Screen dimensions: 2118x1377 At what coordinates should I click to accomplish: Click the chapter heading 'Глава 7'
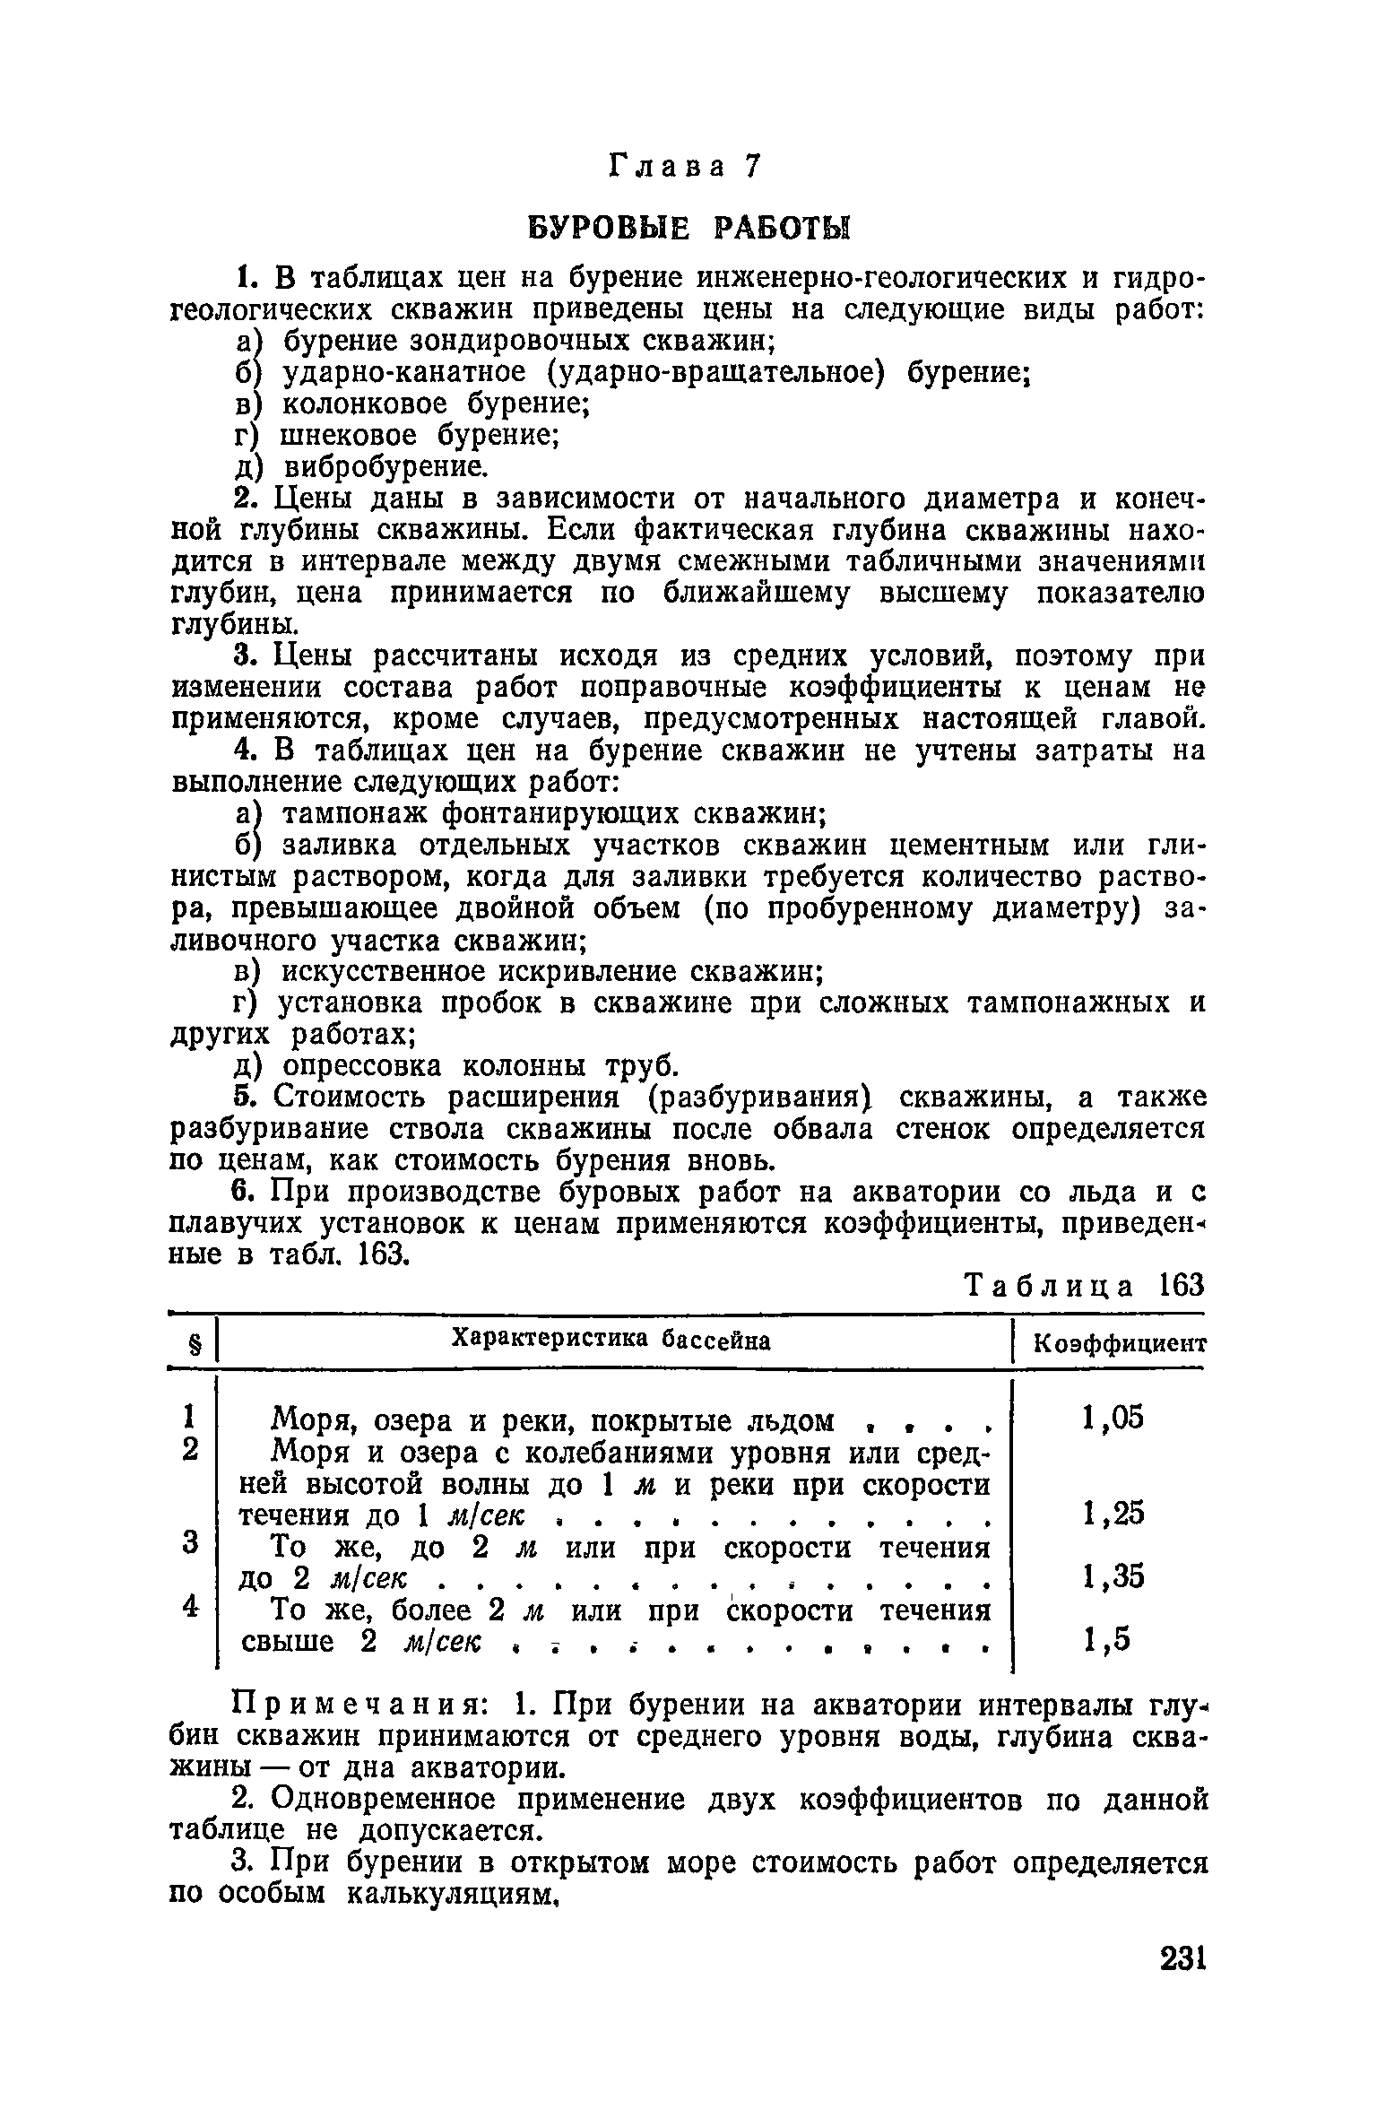coord(686,166)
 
